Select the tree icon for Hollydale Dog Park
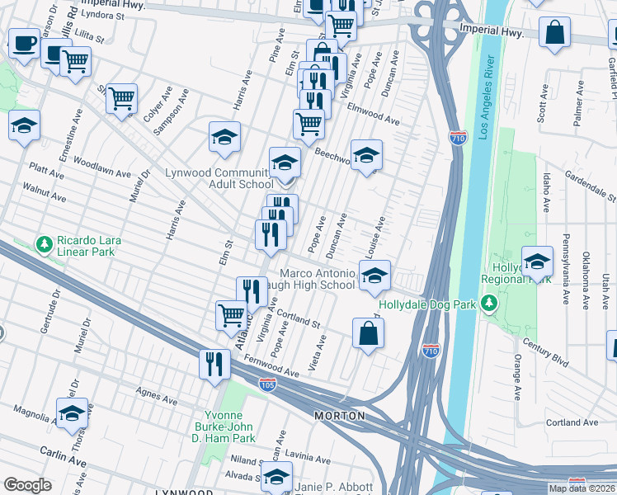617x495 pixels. click(x=489, y=304)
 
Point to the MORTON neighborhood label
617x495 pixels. click(x=339, y=416)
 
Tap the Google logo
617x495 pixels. click(x=27, y=485)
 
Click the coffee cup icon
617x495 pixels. click(x=24, y=42)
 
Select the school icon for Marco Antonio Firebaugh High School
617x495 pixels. click(x=374, y=276)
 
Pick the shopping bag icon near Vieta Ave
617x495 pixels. click(x=368, y=334)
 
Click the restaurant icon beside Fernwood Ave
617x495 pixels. click(x=214, y=364)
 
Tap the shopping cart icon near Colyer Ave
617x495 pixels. click(x=121, y=98)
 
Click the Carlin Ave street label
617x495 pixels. click(x=64, y=456)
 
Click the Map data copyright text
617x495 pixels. click(x=582, y=488)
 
